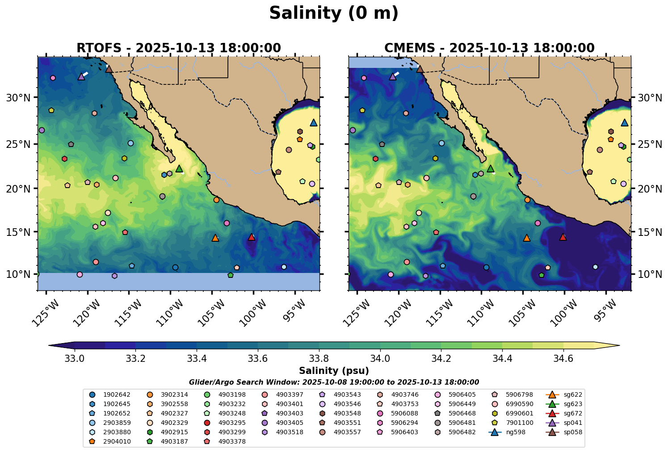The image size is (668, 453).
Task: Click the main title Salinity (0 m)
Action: [334, 13]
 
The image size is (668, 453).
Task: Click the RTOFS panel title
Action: [179, 48]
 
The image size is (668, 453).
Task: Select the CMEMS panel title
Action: [490, 48]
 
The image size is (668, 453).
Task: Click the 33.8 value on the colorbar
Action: [319, 358]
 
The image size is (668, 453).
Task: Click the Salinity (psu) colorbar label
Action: [334, 371]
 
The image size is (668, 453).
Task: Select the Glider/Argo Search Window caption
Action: [334, 382]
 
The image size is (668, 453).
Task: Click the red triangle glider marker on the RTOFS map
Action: [252, 237]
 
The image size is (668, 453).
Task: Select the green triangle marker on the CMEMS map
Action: [491, 168]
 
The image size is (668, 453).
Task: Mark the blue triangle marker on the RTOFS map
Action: [314, 122]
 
